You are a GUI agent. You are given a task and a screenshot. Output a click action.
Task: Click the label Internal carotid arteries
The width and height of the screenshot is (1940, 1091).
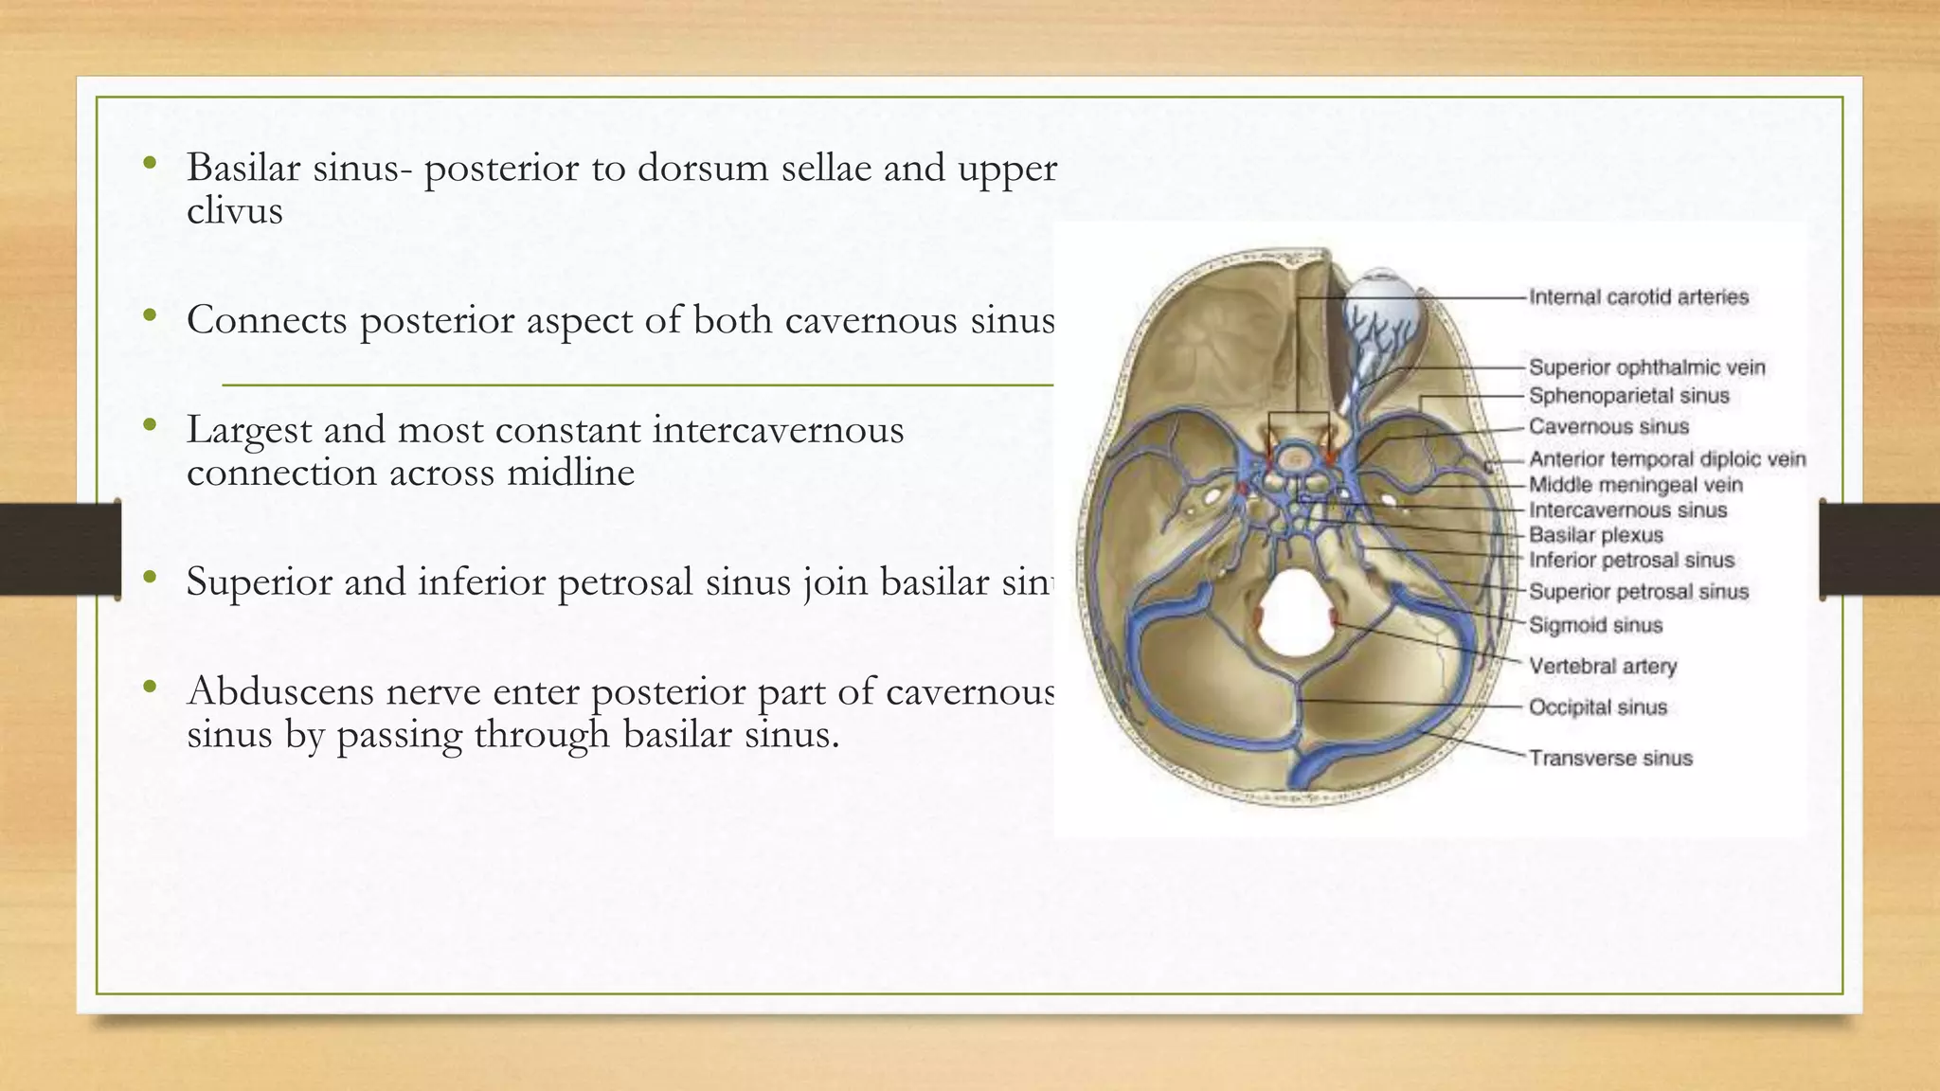pos(1638,297)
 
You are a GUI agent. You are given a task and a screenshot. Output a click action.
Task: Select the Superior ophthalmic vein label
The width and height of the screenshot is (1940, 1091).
pos(1646,367)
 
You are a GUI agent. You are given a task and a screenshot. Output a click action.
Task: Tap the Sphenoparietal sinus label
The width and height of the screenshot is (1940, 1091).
pos(1628,396)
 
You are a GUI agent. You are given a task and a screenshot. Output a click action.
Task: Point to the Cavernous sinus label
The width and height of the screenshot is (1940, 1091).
pos(1608,427)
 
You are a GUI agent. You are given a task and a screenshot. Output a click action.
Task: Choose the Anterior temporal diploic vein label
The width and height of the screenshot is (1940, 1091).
pos(1667,459)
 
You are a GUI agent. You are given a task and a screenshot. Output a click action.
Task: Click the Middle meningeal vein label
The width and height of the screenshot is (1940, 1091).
pos(1635,485)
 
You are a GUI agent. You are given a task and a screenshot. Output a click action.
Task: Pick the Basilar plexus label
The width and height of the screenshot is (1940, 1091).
pos(1595,535)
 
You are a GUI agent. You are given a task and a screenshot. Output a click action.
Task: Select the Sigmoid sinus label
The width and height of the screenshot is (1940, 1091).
pos(1595,625)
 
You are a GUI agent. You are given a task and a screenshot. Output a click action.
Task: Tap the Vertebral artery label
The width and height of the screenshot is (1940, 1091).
pos(1602,667)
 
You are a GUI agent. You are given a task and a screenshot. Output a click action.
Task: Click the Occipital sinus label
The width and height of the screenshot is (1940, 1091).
pos(1597,707)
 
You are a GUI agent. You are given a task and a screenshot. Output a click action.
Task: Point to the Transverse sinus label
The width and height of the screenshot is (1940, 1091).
pos(1610,759)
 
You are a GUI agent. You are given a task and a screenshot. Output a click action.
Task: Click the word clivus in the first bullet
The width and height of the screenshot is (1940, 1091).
pos(234,211)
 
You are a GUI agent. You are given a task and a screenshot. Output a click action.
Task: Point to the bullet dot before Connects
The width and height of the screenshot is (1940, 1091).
pos(149,316)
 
